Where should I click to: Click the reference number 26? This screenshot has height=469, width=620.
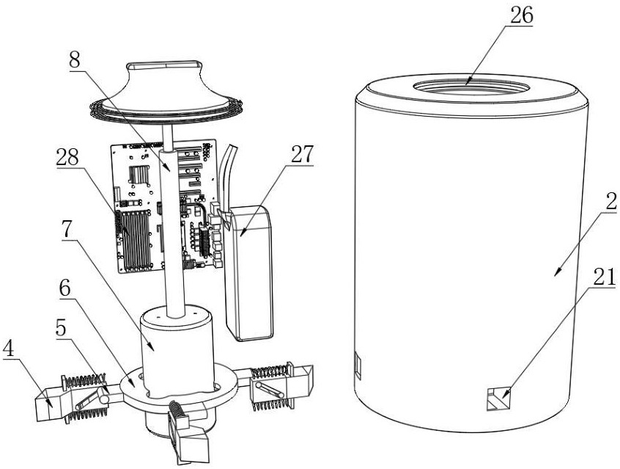pos(522,16)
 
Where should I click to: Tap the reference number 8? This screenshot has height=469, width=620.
pos(74,60)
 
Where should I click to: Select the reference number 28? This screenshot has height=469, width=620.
pos(67,157)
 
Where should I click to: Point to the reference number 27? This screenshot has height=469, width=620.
pos(303,154)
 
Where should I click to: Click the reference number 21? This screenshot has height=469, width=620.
pos(605,277)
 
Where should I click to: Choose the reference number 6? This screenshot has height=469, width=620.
pos(64,289)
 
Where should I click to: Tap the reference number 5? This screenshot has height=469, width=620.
pos(61,327)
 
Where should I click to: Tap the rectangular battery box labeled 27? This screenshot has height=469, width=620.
pos(248,273)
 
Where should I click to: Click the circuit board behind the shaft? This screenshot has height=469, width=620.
pos(164,206)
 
